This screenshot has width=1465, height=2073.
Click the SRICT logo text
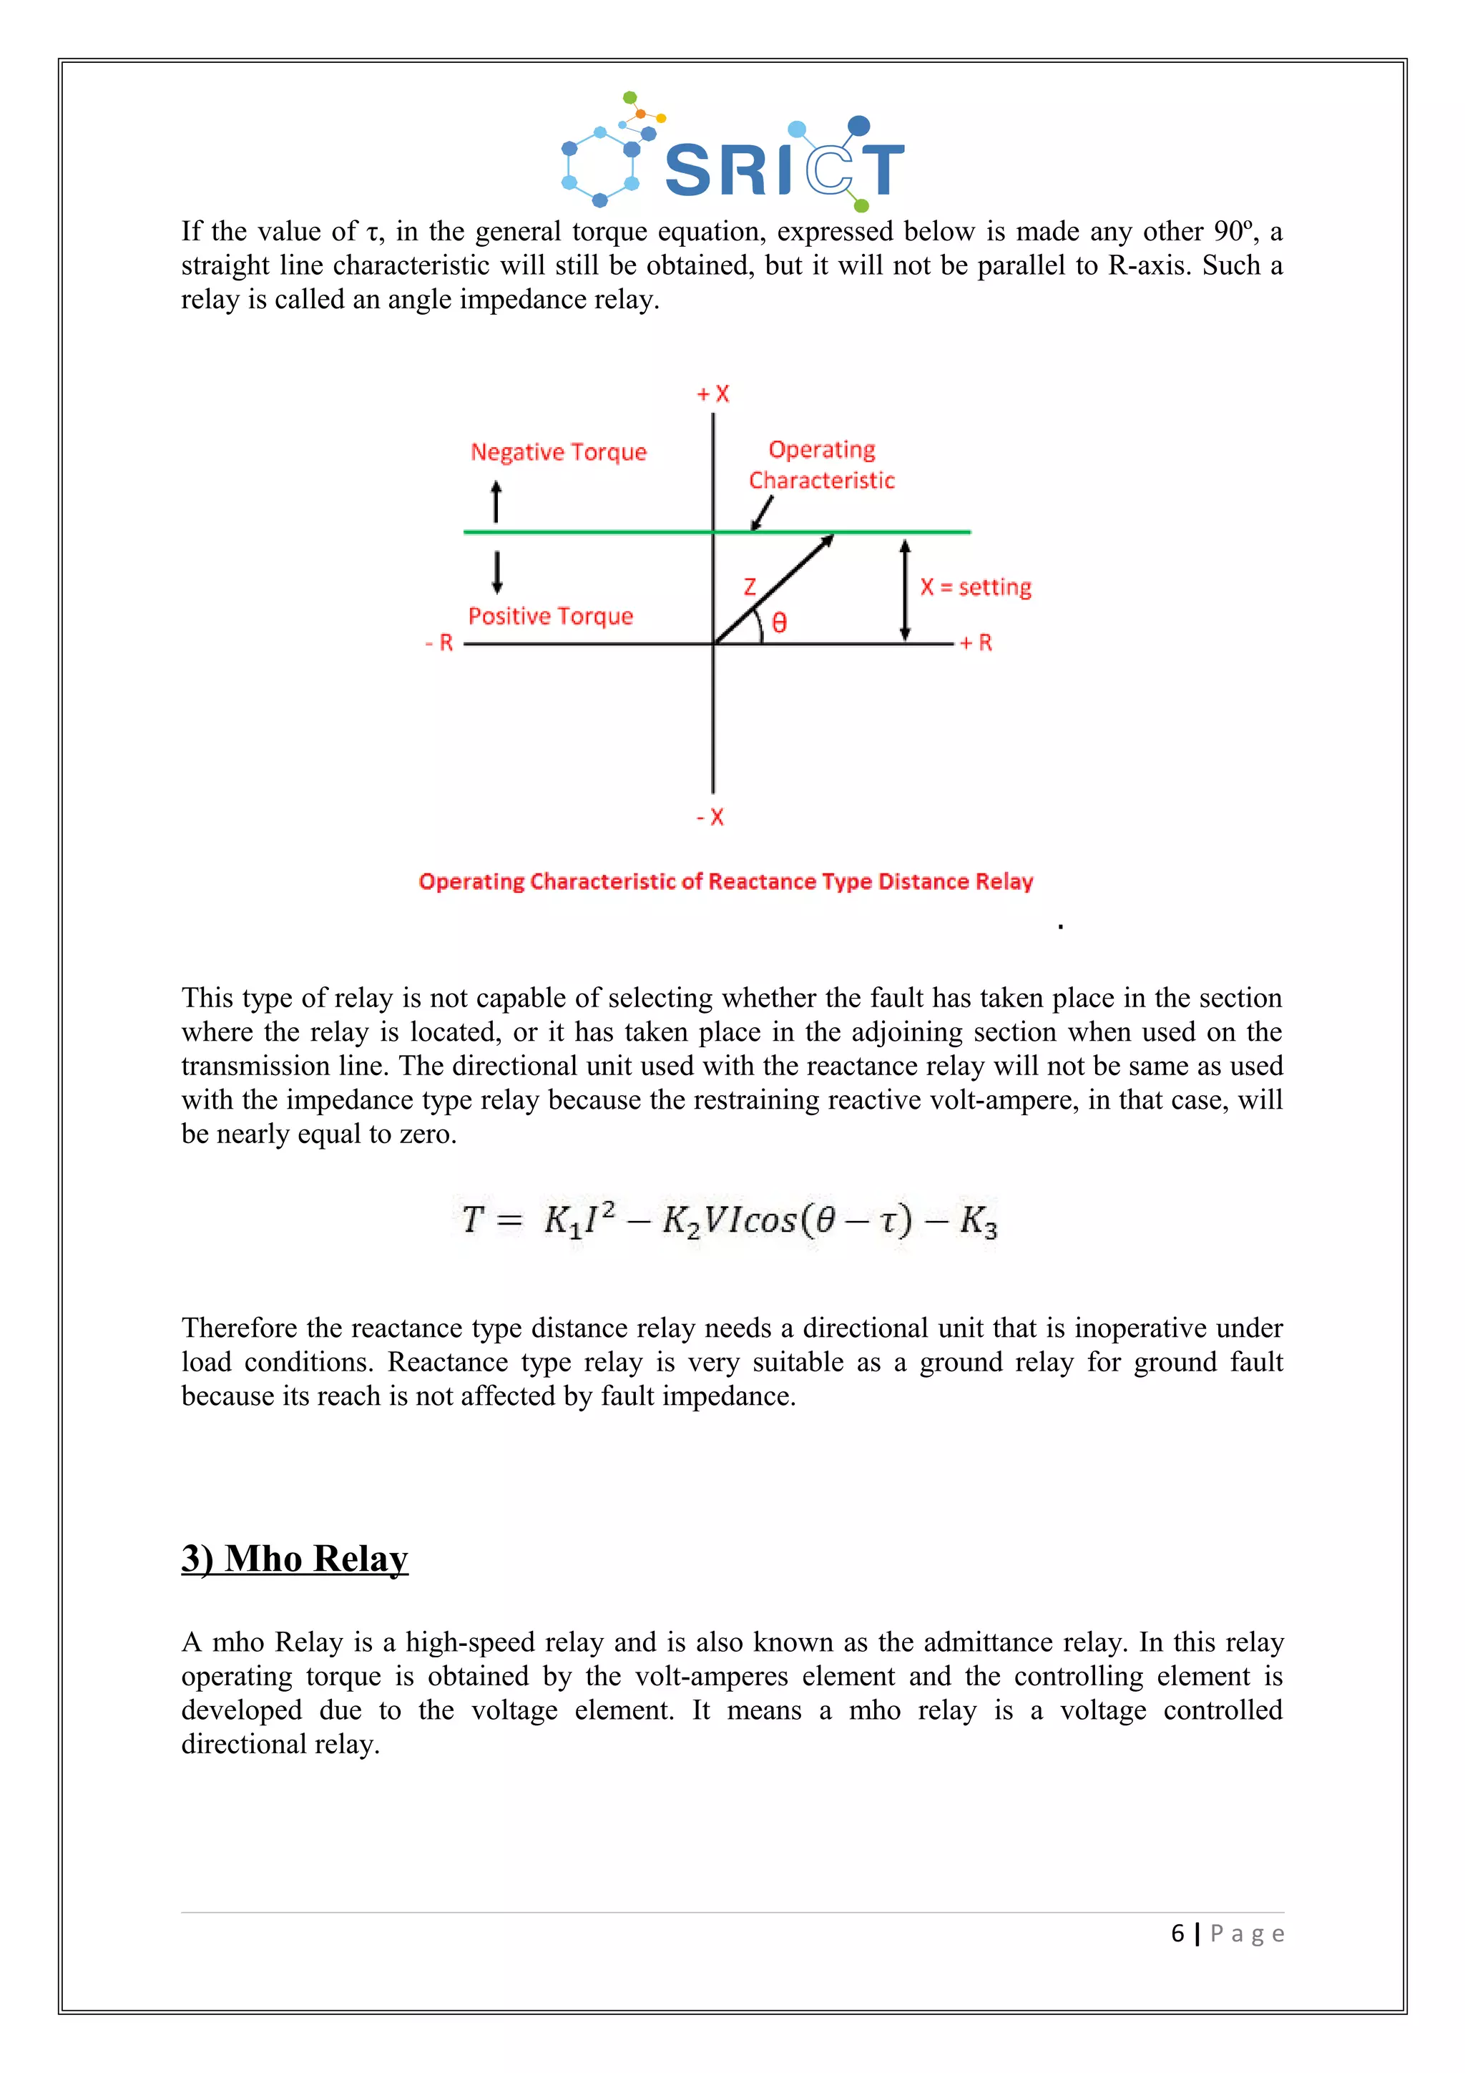[783, 169]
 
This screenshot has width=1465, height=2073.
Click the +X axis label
[713, 393]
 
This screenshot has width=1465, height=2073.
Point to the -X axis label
[710, 817]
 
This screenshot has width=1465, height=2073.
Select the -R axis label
[440, 643]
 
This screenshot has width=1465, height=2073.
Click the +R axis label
[976, 643]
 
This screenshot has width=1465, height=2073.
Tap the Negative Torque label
[559, 451]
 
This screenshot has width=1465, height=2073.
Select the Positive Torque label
[551, 616]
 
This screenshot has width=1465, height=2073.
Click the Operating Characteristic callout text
[821, 465]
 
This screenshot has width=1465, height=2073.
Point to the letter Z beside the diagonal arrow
[749, 587]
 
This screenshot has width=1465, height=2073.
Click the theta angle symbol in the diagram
[780, 622]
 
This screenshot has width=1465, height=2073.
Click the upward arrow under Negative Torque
[496, 501]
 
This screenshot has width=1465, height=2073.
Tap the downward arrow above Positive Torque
[496, 572]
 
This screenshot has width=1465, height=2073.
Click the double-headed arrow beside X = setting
[906, 589]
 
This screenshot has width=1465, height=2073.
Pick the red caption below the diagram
[726, 881]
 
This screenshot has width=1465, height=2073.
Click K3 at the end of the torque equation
[979, 1222]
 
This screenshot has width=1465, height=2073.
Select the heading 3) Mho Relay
[295, 1559]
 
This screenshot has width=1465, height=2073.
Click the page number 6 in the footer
[1177, 1933]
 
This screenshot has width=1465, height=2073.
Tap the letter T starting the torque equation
[473, 1220]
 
